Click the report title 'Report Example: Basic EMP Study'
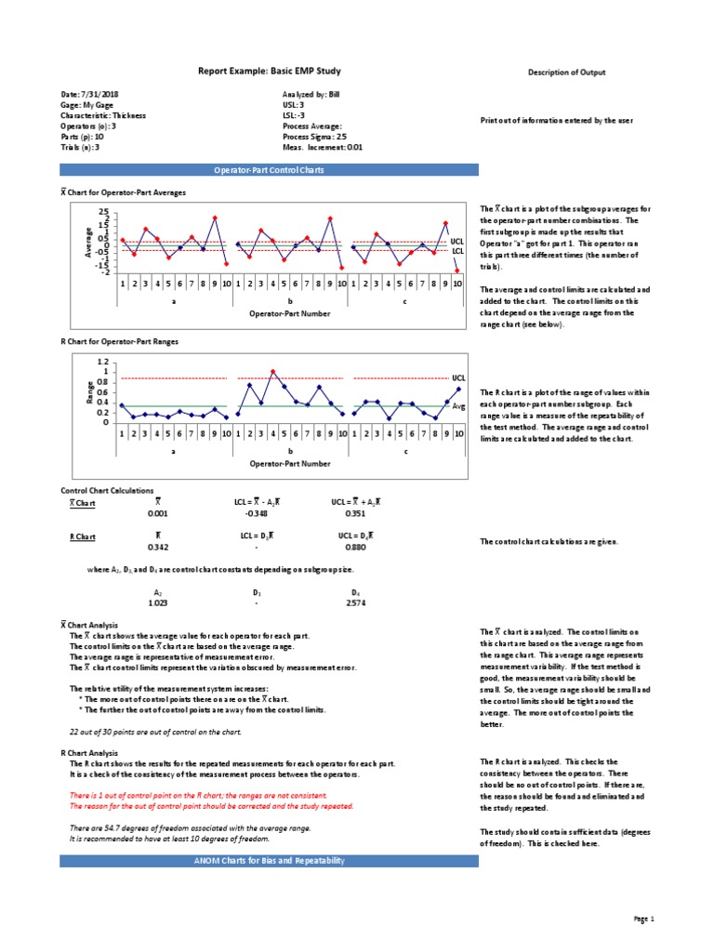(x=270, y=72)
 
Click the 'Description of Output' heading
(x=567, y=73)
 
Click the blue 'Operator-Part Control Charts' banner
(x=270, y=170)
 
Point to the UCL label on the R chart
(x=457, y=379)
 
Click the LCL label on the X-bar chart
(x=456, y=251)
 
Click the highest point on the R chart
(x=272, y=372)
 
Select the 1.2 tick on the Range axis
(x=103, y=362)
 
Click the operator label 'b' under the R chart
(x=289, y=451)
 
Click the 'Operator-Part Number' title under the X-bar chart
(x=289, y=314)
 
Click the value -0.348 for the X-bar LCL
(x=256, y=513)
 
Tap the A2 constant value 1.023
(x=157, y=602)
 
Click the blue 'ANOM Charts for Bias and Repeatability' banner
(x=270, y=861)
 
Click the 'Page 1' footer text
(x=644, y=919)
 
